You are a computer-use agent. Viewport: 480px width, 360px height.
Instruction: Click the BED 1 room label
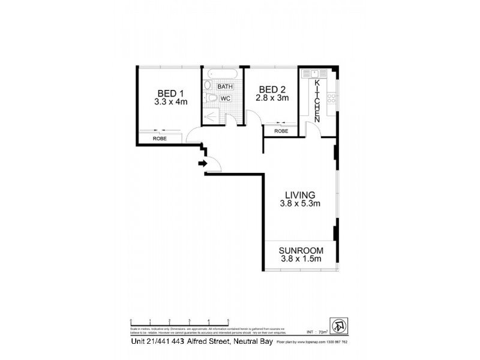tap(170, 93)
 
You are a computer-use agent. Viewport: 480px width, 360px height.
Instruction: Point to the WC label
tap(225, 98)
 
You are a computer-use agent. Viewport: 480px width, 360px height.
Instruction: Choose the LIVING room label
tap(300, 194)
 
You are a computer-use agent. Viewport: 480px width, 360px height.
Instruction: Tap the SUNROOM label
tap(302, 250)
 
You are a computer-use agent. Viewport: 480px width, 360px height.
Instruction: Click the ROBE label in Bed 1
tap(159, 139)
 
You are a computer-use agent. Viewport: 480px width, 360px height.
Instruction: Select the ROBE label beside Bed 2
tap(281, 131)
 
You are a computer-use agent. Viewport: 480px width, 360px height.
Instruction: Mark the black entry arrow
tap(202, 163)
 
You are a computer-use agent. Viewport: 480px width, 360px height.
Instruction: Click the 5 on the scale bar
tap(227, 320)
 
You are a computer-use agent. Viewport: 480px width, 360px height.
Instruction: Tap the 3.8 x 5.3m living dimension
tap(300, 204)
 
